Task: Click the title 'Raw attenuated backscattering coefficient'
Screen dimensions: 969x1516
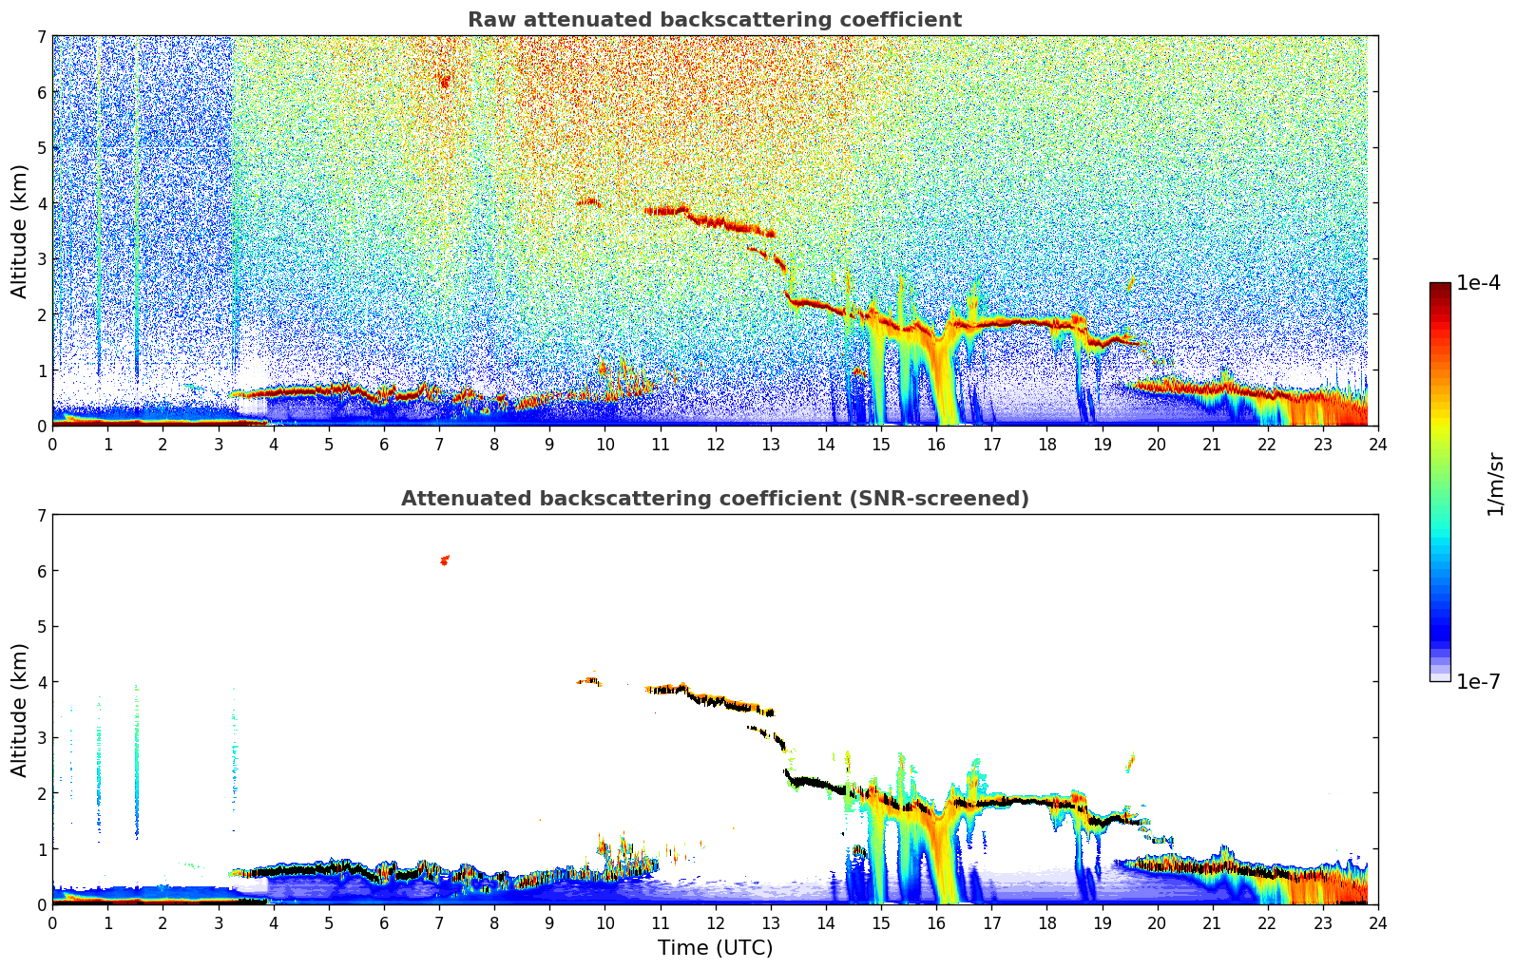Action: pos(714,20)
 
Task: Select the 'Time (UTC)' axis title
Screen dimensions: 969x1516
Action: pos(715,947)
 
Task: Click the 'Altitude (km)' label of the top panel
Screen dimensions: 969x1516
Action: pos(19,231)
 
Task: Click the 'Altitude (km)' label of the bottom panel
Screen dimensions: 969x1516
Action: pos(19,710)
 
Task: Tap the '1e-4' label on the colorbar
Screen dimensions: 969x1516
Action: pos(1478,283)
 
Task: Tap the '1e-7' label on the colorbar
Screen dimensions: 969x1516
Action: pos(1478,681)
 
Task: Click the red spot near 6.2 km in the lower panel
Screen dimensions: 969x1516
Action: pos(444,560)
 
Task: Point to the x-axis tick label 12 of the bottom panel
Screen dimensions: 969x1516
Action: pos(715,922)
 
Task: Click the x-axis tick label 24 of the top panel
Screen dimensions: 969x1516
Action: pos(1377,444)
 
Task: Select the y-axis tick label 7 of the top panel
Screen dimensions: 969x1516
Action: pos(41,37)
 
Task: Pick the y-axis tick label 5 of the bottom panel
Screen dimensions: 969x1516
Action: pos(41,627)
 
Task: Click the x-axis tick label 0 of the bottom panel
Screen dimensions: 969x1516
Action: pos(52,922)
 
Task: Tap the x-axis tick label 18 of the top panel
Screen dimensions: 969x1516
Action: pos(1046,444)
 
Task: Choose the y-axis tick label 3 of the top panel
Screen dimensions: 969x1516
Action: pos(41,259)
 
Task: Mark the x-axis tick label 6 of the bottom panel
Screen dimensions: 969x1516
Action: pos(384,922)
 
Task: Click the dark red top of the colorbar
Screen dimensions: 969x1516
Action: pos(1439,287)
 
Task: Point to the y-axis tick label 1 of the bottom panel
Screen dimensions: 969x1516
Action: pos(41,849)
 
